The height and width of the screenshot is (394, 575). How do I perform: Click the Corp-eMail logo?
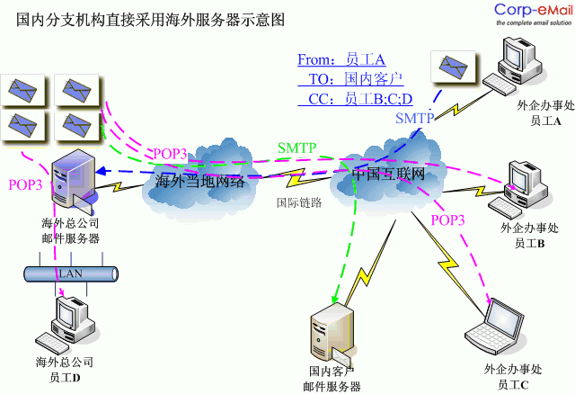[x=532, y=13]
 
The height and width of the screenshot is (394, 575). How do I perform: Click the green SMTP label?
[x=296, y=148]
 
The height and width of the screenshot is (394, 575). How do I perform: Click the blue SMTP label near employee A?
[x=414, y=118]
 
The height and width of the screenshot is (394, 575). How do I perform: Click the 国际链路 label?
[x=298, y=201]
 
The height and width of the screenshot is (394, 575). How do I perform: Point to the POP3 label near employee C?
[x=447, y=219]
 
